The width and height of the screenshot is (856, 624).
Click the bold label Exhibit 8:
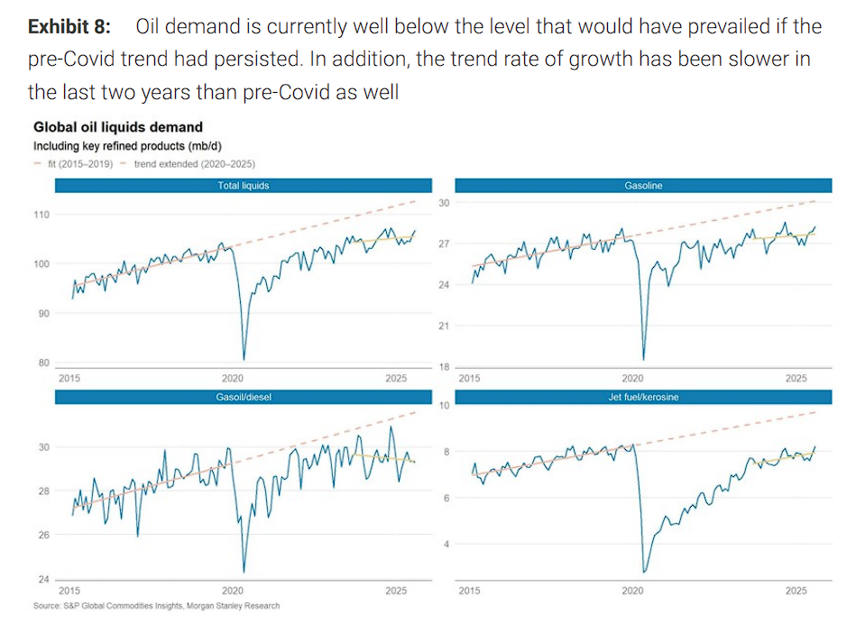coord(69,26)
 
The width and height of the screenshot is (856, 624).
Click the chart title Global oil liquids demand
coord(117,127)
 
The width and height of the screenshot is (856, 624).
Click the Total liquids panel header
coord(244,186)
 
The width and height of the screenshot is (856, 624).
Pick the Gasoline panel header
coord(642,186)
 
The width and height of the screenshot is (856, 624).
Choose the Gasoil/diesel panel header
coord(244,396)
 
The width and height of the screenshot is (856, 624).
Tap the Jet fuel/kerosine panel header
coord(642,396)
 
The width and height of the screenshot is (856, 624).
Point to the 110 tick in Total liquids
coord(41,215)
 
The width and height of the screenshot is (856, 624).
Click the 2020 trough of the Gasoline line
coord(644,357)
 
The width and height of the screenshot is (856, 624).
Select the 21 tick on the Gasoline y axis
coord(443,326)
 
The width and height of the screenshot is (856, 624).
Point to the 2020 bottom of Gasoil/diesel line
coord(244,571)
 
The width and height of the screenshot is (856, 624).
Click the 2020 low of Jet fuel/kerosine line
coord(644,571)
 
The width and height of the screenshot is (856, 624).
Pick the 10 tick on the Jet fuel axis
coord(443,406)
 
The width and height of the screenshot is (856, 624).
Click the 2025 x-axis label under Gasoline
coord(795,379)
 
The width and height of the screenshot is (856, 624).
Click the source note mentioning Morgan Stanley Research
coord(156,606)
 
